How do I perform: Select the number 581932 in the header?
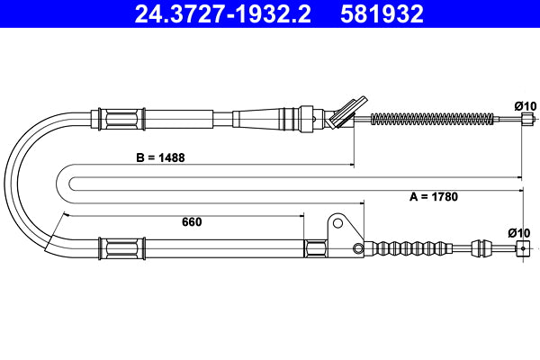click(382, 13)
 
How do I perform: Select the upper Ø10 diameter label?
click(525, 105)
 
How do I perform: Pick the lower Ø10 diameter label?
click(519, 233)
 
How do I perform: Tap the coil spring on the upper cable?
click(432, 117)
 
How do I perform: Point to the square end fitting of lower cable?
click(519, 249)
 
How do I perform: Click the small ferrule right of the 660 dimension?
click(318, 249)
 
